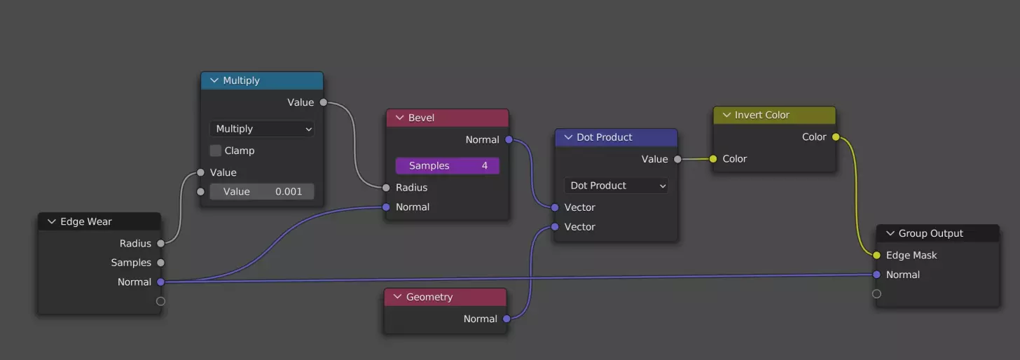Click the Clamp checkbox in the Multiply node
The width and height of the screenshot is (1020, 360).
(x=216, y=151)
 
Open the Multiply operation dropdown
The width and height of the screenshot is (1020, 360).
(x=262, y=129)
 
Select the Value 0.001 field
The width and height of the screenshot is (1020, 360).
(x=262, y=191)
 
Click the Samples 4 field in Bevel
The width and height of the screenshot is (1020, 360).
(x=447, y=166)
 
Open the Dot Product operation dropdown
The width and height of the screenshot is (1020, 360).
(x=616, y=186)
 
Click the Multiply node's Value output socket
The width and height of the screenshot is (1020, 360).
(x=323, y=102)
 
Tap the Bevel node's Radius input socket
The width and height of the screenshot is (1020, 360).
(x=386, y=188)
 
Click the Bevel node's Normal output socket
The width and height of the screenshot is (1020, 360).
(x=509, y=140)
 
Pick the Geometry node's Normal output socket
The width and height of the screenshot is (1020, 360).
(x=506, y=319)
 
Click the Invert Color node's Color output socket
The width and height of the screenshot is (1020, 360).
(x=836, y=137)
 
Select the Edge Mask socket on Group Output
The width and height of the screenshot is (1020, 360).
(x=876, y=256)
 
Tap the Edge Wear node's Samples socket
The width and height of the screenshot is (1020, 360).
(x=160, y=263)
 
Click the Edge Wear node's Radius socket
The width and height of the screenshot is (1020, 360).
(x=160, y=244)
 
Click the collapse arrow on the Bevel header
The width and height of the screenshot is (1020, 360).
(x=400, y=118)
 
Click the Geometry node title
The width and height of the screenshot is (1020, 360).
(x=429, y=297)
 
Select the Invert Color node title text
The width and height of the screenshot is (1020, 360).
(x=761, y=115)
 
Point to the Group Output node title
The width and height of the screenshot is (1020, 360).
(x=930, y=233)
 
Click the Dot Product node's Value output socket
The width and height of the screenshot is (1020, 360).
(x=677, y=160)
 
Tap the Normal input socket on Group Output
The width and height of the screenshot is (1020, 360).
(x=876, y=275)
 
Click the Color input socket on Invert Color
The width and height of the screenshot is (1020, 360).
(x=713, y=159)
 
